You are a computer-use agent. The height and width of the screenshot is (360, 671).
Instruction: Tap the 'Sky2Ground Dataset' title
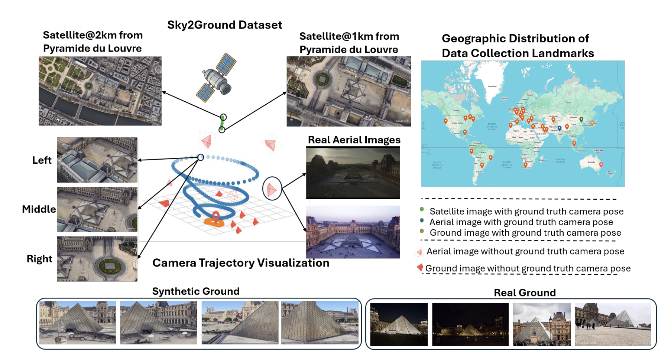pos(224,25)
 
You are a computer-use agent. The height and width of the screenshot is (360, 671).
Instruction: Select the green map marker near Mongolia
pos(581,119)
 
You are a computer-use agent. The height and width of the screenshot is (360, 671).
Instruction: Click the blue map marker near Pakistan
pos(560,128)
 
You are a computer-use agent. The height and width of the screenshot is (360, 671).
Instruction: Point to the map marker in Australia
pos(601,164)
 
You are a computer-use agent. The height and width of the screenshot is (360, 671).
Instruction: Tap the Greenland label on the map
pos(492,86)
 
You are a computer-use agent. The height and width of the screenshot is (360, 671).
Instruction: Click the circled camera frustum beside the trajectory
pos(272,189)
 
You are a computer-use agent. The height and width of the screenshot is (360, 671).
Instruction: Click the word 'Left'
pos(42,160)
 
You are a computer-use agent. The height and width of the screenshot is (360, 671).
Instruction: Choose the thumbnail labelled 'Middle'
pos(97,209)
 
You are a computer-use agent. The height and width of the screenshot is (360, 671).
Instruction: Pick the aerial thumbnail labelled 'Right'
pos(97,259)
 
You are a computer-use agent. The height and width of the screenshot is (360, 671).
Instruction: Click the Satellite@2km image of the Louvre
pos(100,91)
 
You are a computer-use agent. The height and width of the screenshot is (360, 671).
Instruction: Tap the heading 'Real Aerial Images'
pos(354,140)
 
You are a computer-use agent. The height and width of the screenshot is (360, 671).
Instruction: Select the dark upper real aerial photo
pos(353,173)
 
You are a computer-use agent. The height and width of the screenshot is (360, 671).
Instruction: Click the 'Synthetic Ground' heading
pos(196,291)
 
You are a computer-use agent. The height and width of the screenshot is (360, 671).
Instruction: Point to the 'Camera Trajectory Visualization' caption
pos(241,263)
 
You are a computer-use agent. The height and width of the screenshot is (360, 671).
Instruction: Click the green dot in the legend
pos(422,209)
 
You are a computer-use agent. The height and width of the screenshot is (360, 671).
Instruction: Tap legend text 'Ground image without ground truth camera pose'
pos(528,268)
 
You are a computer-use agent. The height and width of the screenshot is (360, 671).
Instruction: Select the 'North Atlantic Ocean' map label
pos(492,126)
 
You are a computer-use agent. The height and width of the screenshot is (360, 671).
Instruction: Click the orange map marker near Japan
pos(592,123)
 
